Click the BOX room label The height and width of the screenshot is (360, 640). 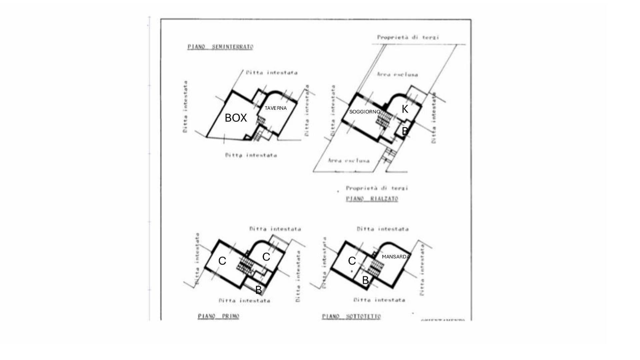[x=236, y=118]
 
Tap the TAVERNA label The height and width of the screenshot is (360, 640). [x=275, y=108]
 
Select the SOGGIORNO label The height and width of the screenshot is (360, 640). [x=364, y=112]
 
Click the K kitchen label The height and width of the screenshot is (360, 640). [x=405, y=109]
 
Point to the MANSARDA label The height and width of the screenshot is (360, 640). [x=396, y=257]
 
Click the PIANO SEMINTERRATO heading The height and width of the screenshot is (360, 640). [x=220, y=47]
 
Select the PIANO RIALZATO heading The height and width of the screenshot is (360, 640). [x=372, y=199]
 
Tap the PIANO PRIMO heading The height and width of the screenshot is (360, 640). [x=218, y=316]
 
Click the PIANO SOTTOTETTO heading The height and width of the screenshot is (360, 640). [x=351, y=316]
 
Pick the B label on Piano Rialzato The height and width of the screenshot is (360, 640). [x=405, y=131]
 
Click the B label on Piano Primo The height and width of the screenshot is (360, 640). [x=258, y=290]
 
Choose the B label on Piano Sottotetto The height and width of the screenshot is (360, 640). [x=365, y=280]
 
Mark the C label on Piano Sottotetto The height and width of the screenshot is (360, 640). [x=352, y=261]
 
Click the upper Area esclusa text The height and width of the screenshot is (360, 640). [x=397, y=74]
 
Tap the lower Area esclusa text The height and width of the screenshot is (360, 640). [x=349, y=161]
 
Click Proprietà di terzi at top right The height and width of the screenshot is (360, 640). [x=408, y=37]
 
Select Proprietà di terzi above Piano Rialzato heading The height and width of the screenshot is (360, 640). [x=377, y=188]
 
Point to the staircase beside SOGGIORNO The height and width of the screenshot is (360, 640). [x=384, y=119]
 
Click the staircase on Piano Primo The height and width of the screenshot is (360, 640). [x=246, y=265]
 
